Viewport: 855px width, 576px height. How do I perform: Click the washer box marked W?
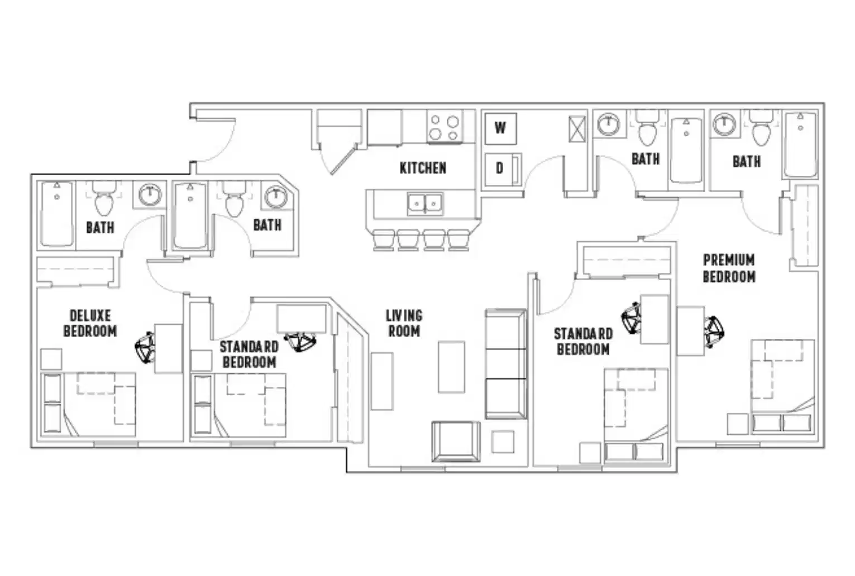click(x=500, y=128)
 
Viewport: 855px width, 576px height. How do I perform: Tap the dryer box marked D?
click(x=500, y=168)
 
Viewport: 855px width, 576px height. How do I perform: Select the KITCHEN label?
click(x=423, y=168)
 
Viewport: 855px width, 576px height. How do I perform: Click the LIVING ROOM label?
click(x=404, y=324)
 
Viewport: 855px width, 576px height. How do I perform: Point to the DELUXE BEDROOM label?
click(x=90, y=324)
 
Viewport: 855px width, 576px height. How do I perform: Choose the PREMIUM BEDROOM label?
click(x=729, y=268)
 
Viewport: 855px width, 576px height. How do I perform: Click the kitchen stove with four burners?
click(x=445, y=127)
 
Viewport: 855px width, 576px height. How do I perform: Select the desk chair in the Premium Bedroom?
click(x=714, y=331)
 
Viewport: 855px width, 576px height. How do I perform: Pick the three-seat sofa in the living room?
click(x=505, y=364)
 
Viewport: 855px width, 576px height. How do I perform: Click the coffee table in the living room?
click(x=451, y=367)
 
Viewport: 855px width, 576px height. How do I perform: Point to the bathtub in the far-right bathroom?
click(x=800, y=144)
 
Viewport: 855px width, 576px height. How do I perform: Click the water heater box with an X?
click(x=577, y=129)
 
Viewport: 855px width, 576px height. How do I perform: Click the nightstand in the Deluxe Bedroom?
click(x=51, y=359)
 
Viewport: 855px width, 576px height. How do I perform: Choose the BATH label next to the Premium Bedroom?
click(x=747, y=162)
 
